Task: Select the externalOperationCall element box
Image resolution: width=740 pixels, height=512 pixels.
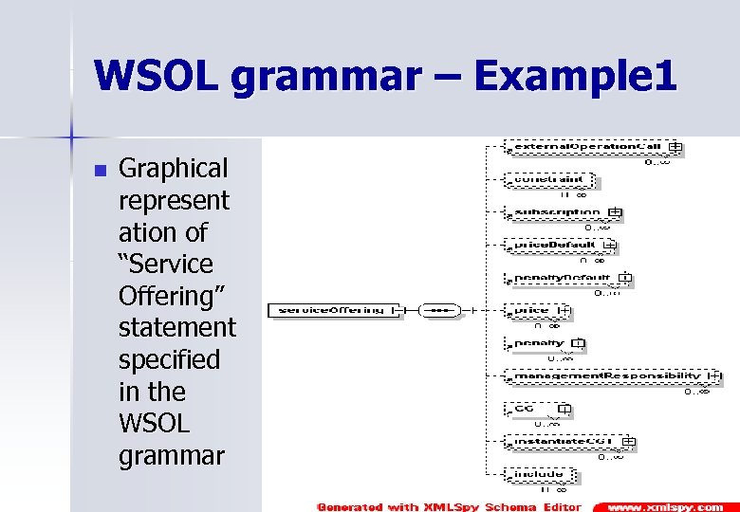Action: tap(584, 147)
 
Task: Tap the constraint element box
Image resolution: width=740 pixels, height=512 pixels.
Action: tap(548, 179)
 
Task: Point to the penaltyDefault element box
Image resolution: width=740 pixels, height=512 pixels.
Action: tap(561, 278)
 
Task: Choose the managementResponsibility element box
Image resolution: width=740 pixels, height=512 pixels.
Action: tap(606, 376)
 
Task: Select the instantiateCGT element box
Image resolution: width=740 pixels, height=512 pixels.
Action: tap(563, 442)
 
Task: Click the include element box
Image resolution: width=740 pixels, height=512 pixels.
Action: tap(538, 474)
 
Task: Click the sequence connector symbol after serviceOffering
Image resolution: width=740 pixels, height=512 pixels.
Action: tap(438, 310)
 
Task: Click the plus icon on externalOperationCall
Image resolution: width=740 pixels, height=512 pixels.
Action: tap(675, 147)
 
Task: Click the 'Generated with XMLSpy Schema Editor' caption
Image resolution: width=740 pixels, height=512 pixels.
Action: tap(449, 506)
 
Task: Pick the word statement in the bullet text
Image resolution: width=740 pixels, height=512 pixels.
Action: tap(176, 328)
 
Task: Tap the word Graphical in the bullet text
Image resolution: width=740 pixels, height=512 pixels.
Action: tap(173, 169)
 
